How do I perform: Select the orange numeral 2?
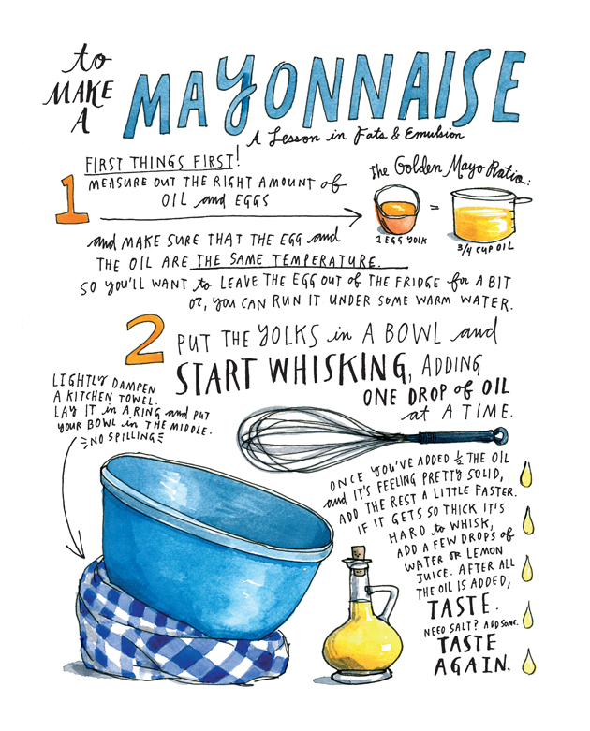point(145,340)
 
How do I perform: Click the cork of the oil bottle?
point(359,554)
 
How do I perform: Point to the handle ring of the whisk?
point(500,436)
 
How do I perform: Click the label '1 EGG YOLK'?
point(401,241)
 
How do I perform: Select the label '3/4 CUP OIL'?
point(485,248)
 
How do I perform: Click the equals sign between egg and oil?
point(435,209)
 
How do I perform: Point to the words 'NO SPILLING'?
point(123,438)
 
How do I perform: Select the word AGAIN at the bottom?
point(472,665)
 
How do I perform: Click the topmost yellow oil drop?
point(526,475)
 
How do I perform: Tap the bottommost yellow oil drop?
point(528,661)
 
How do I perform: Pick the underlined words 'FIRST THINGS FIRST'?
point(158,164)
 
